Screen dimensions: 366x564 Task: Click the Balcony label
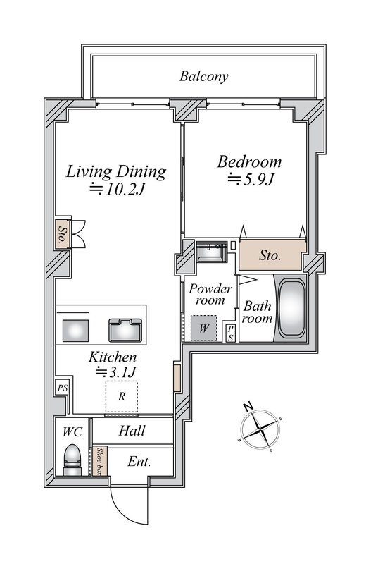[203, 77]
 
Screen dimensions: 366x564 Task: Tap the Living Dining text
[116, 171]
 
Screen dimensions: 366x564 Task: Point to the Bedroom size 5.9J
[251, 179]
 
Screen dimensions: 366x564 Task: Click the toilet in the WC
[72, 460]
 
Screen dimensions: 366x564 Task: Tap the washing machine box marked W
[203, 328]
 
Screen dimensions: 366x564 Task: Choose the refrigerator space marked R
[121, 396]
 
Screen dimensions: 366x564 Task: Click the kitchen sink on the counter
[125, 330]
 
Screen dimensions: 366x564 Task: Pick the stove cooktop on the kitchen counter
[75, 331]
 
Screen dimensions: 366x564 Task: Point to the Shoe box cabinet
[100, 461]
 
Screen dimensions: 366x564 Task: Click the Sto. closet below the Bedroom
[270, 255]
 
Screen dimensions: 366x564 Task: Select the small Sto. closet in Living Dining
[63, 234]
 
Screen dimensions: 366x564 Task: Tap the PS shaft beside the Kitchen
[63, 388]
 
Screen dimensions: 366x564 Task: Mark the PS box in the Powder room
[231, 333]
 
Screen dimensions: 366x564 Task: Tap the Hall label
[132, 431]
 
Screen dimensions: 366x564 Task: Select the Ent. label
[139, 462]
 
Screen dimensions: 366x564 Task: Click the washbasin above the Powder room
[212, 252]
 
